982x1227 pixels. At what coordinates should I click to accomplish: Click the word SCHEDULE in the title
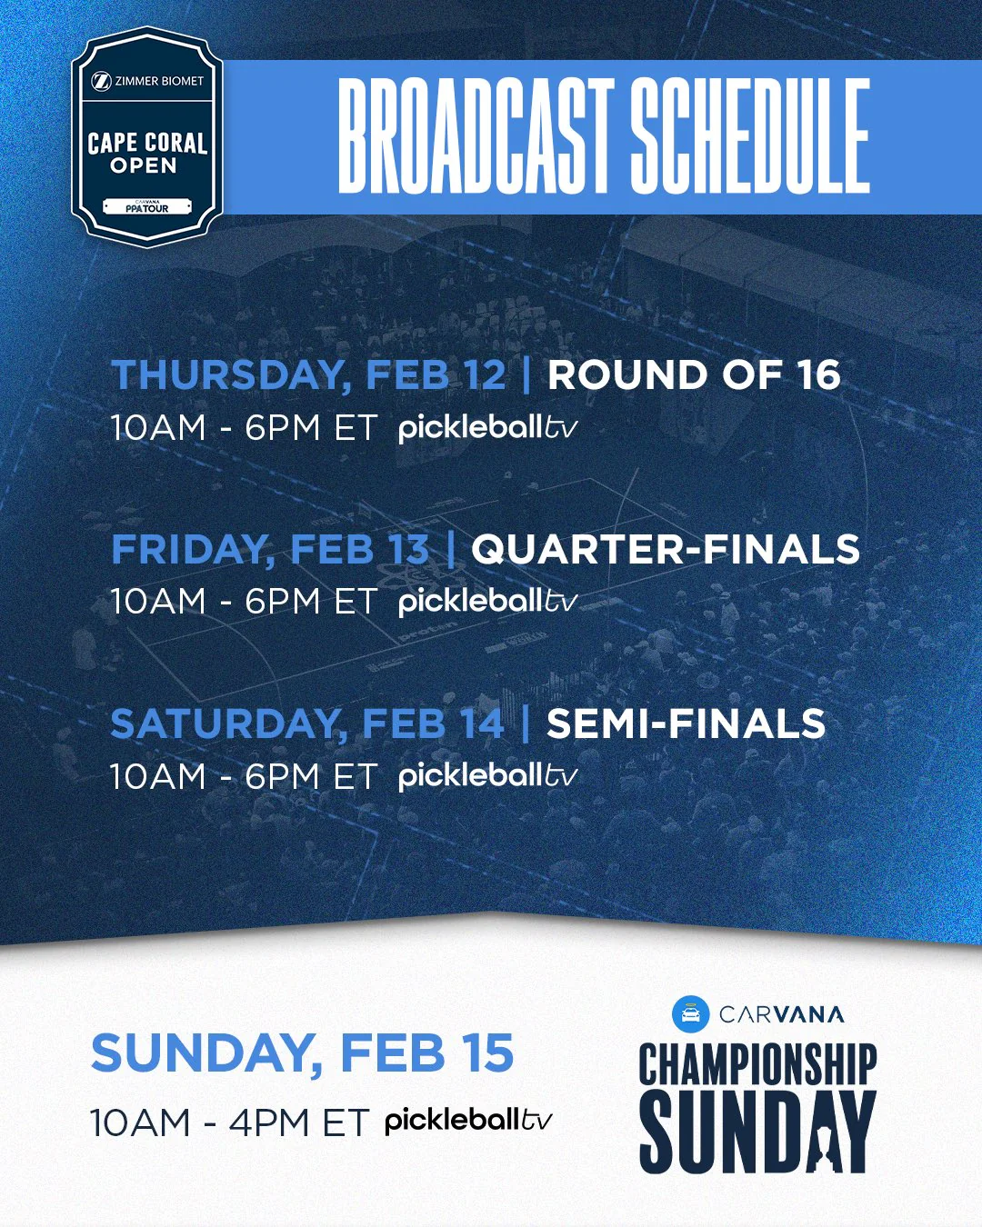(750, 136)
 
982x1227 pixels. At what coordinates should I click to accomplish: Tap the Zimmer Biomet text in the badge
(149, 81)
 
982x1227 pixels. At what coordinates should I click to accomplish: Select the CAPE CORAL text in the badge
(147, 144)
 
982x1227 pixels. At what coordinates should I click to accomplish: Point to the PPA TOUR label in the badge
(147, 208)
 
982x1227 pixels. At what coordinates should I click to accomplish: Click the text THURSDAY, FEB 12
(308, 375)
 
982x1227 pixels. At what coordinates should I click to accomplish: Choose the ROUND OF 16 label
(694, 375)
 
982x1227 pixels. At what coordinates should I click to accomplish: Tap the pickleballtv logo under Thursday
(487, 427)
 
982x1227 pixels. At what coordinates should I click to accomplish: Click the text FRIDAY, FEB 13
(270, 550)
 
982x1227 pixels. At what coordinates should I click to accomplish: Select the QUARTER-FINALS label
(666, 550)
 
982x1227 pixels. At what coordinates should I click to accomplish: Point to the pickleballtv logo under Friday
(487, 601)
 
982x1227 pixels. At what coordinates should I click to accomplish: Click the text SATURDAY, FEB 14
(306, 724)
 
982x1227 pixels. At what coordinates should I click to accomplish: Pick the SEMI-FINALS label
(686, 724)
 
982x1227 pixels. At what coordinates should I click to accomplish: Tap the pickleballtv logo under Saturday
(487, 775)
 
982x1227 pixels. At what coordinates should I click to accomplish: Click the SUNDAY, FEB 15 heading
(302, 1053)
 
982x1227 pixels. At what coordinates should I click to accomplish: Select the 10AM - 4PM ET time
(229, 1123)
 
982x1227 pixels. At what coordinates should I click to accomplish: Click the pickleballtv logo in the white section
(467, 1121)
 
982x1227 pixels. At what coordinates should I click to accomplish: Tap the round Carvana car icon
(690, 1013)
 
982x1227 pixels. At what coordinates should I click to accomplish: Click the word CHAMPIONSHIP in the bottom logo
(757, 1065)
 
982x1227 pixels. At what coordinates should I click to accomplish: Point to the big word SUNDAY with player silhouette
(757, 1132)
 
